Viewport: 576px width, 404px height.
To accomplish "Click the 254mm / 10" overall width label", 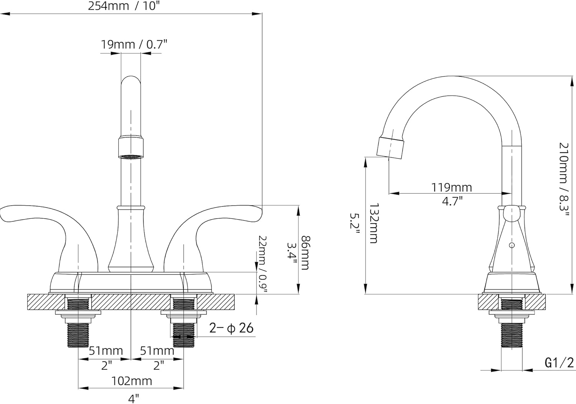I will pos(124,6).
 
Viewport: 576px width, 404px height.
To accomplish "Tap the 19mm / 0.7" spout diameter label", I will pos(134,45).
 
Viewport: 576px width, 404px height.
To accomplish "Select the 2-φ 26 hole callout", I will pos(231,328).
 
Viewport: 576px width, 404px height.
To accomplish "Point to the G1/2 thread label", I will pos(559,362).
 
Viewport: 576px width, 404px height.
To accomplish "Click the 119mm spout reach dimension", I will pos(452,187).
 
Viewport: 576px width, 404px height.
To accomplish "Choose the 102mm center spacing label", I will pos(132,381).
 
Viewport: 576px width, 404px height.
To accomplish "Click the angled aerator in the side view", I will pos(391,147).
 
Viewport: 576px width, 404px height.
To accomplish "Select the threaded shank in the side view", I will pos(512,334).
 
